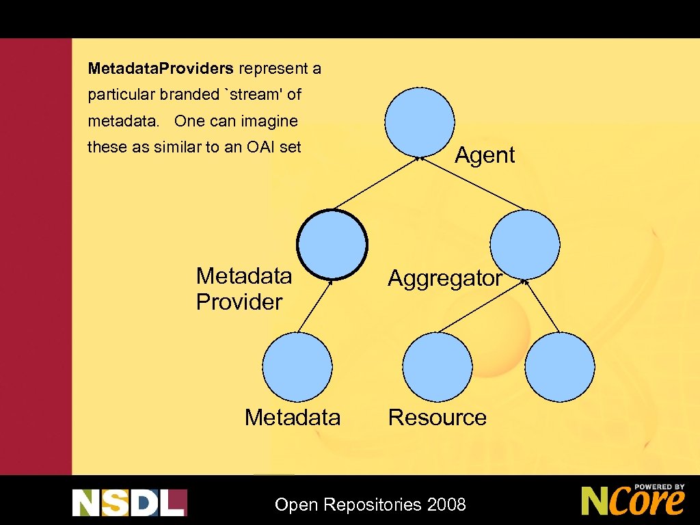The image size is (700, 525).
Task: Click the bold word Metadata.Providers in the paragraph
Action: [x=161, y=69]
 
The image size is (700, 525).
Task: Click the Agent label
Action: [x=485, y=155]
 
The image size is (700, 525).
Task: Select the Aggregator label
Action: [x=445, y=278]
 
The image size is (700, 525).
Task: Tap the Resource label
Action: [x=437, y=417]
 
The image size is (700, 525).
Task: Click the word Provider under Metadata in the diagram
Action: [x=239, y=302]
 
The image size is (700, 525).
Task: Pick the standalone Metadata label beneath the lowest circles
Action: [x=293, y=417]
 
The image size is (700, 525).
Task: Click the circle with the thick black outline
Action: [x=332, y=244]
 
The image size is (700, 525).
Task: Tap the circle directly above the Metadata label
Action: [x=297, y=367]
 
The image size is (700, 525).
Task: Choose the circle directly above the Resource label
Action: [x=437, y=367]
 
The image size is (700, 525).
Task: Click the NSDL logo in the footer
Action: [x=129, y=502]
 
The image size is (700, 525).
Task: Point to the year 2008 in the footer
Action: [x=446, y=505]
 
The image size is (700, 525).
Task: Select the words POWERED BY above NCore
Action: [x=659, y=487]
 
